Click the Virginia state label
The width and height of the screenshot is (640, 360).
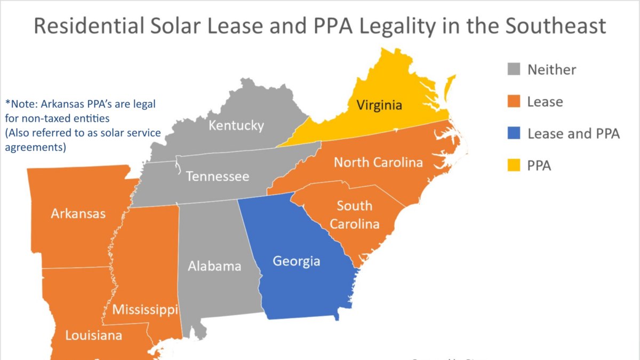coord(379,105)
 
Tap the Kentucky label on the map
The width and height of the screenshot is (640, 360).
coord(236,126)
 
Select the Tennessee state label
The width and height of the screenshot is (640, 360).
coord(217,176)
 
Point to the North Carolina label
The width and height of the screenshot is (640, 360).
coord(378,162)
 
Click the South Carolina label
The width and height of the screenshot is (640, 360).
coord(355,215)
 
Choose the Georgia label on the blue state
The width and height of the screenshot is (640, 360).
coord(297,261)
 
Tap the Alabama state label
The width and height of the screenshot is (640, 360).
coord(214,266)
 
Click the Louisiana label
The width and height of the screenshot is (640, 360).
coord(93,335)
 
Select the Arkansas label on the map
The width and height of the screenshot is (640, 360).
coord(78,214)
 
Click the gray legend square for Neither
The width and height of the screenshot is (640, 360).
coord(513,69)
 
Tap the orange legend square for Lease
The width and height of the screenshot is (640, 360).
coord(513,101)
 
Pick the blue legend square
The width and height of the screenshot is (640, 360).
coord(513,133)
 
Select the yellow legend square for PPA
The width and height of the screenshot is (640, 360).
coord(513,166)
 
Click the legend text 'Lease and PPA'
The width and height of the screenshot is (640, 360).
coord(573,134)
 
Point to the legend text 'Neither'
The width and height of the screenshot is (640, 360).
coord(551,69)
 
